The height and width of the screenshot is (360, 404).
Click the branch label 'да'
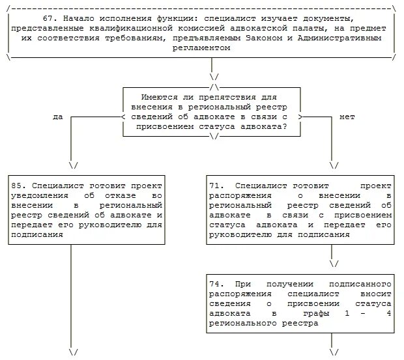click(58, 117)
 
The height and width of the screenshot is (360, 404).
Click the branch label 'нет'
click(347, 117)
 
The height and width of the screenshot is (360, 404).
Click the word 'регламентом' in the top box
click(203, 48)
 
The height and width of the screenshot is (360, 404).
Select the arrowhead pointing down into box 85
click(73, 165)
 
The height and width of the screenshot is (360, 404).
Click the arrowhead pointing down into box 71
click(334, 165)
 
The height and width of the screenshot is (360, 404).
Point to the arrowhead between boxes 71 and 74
click(334, 264)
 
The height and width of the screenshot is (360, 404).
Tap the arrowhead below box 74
click(334, 352)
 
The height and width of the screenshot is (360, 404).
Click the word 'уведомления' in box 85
click(39, 195)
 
